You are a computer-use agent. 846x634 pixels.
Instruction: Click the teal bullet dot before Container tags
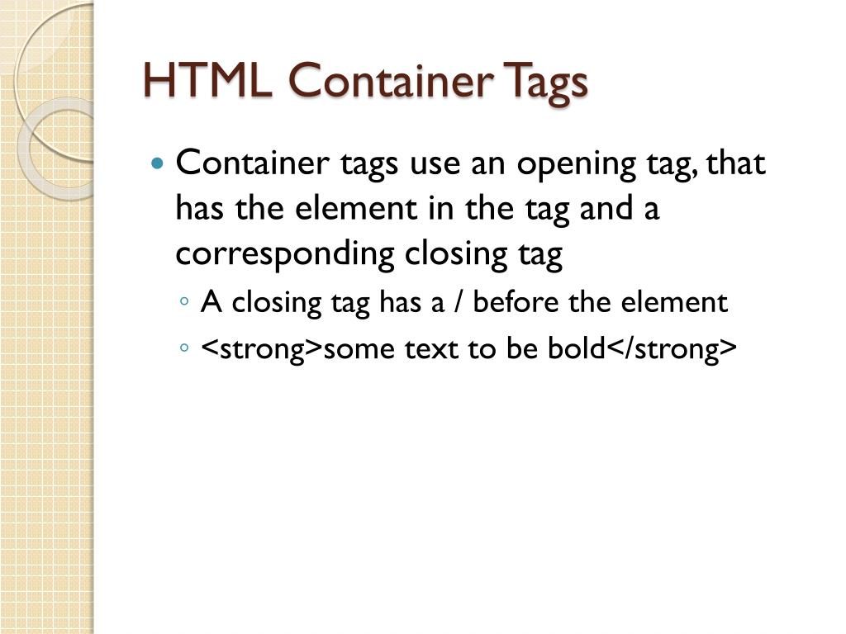[159, 163]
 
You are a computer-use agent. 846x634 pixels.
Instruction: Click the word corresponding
[286, 254]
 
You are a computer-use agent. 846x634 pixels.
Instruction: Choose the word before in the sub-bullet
[517, 303]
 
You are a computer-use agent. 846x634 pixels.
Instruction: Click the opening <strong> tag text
[262, 350]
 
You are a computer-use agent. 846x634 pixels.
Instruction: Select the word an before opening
[490, 163]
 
